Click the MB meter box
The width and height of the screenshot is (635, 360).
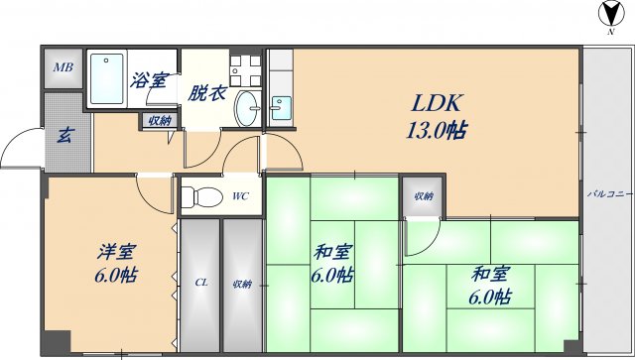(x=63, y=67)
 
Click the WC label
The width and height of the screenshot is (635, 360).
(x=240, y=195)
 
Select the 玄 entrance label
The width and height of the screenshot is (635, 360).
(x=63, y=135)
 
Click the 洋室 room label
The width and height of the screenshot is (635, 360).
(x=115, y=250)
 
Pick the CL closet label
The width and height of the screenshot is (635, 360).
(x=200, y=284)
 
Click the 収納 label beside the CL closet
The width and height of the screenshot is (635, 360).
(x=242, y=284)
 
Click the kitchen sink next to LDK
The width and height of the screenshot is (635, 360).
(x=281, y=107)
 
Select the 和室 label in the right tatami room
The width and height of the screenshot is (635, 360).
(x=491, y=273)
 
